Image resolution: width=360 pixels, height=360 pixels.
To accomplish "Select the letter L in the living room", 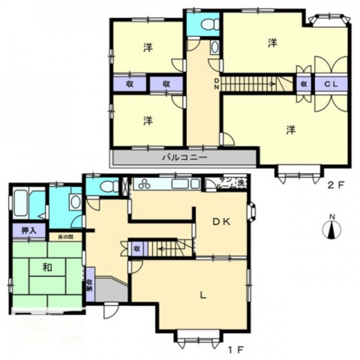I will coord(203,296).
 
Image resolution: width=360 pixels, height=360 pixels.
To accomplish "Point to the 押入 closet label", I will coord(29,231).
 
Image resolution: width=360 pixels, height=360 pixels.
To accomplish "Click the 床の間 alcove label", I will coord(66,237).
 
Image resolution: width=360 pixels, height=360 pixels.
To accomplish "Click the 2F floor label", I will coord(336,186).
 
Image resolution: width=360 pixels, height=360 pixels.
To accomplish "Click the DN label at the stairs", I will coord(217,84).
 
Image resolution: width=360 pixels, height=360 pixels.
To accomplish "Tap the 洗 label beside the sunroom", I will coord(240,183).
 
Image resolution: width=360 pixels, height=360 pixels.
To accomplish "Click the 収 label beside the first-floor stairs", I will coord(137,249).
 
